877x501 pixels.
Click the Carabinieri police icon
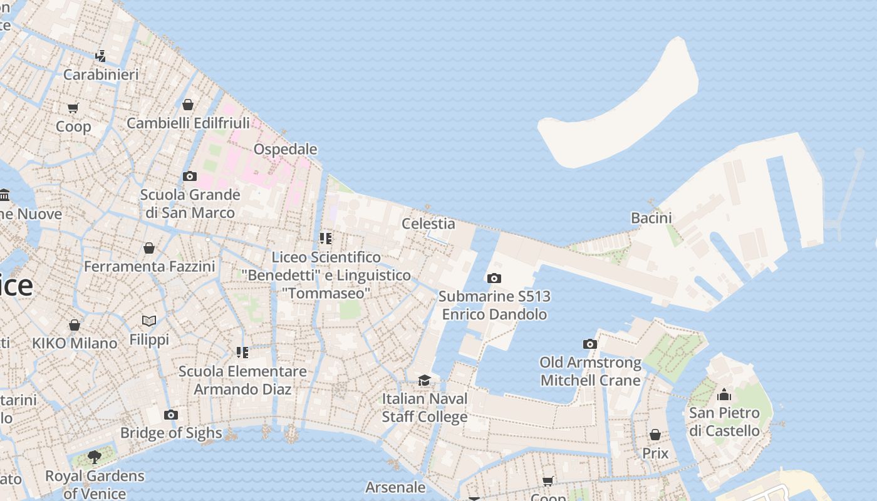click(x=100, y=56)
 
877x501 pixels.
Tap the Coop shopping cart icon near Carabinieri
click(x=73, y=108)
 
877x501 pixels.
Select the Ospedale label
click(x=285, y=149)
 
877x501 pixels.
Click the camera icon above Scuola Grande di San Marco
click(x=189, y=177)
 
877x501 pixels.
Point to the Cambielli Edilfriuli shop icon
click(x=188, y=105)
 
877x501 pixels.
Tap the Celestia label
click(x=428, y=224)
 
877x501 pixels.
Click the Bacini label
click(x=651, y=218)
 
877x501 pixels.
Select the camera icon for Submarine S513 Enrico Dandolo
click(x=494, y=278)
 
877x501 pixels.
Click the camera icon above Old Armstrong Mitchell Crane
click(x=590, y=344)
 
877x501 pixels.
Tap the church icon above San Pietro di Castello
click(x=724, y=395)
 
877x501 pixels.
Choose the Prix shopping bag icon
click(x=655, y=435)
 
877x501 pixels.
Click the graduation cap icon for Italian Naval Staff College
click(x=425, y=380)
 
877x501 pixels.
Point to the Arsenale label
click(x=395, y=487)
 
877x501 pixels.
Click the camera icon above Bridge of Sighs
click(x=170, y=415)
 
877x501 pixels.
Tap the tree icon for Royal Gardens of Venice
click(x=95, y=457)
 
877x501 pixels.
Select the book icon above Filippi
click(x=149, y=321)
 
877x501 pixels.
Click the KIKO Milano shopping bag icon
click(x=75, y=325)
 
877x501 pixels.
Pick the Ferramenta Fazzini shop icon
click(x=149, y=249)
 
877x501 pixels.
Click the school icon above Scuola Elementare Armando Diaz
click(x=242, y=353)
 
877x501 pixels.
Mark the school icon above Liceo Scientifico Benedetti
click(x=326, y=239)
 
